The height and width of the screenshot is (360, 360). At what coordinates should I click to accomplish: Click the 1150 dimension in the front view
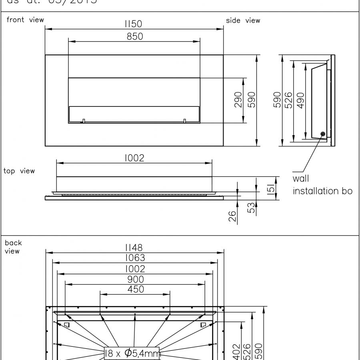tap(134, 24)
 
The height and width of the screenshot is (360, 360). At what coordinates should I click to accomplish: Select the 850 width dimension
tap(135, 36)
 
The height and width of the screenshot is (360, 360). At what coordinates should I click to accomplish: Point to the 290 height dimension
tap(238, 100)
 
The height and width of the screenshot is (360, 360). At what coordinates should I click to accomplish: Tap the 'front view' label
tap(25, 20)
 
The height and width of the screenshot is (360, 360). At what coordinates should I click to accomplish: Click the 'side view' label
tap(243, 20)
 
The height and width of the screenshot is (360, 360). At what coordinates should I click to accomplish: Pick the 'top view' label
tap(19, 171)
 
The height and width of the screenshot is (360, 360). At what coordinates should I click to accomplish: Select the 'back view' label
tap(13, 247)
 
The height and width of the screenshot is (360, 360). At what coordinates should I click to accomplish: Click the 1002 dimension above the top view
tap(134, 158)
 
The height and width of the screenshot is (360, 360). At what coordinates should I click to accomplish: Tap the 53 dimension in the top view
tap(251, 208)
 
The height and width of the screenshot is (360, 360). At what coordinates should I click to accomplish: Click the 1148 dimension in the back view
tap(134, 248)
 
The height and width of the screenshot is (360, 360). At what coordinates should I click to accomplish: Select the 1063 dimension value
tap(135, 258)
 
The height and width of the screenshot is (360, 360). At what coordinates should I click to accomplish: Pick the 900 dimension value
tap(135, 279)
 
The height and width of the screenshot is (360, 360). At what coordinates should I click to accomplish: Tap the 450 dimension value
tap(136, 289)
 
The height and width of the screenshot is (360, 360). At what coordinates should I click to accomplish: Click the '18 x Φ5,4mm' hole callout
tap(132, 353)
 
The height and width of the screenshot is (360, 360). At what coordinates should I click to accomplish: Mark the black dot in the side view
tap(323, 134)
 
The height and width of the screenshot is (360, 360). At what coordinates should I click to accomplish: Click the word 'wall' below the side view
tap(301, 179)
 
